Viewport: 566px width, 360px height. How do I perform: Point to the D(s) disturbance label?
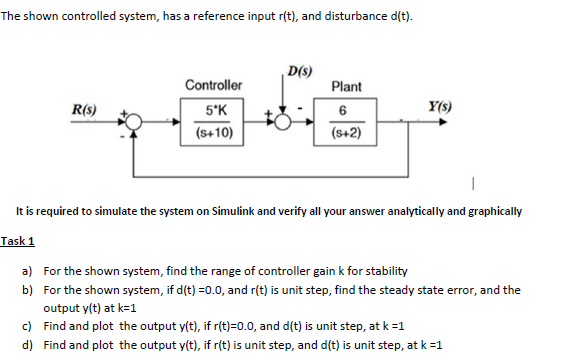(x=297, y=70)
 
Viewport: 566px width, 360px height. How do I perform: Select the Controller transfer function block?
(x=213, y=121)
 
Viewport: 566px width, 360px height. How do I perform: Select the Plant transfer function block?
(x=346, y=121)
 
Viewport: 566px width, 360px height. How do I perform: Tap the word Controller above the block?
(x=213, y=86)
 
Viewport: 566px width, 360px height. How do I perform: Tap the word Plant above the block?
(x=346, y=87)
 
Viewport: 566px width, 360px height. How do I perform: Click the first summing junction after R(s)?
(x=137, y=122)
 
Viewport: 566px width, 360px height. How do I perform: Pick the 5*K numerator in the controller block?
(x=214, y=110)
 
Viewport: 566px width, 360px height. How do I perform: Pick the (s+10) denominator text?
(x=214, y=132)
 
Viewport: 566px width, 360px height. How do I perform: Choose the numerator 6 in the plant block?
(x=344, y=110)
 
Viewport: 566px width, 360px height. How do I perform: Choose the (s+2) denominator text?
(x=346, y=132)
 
